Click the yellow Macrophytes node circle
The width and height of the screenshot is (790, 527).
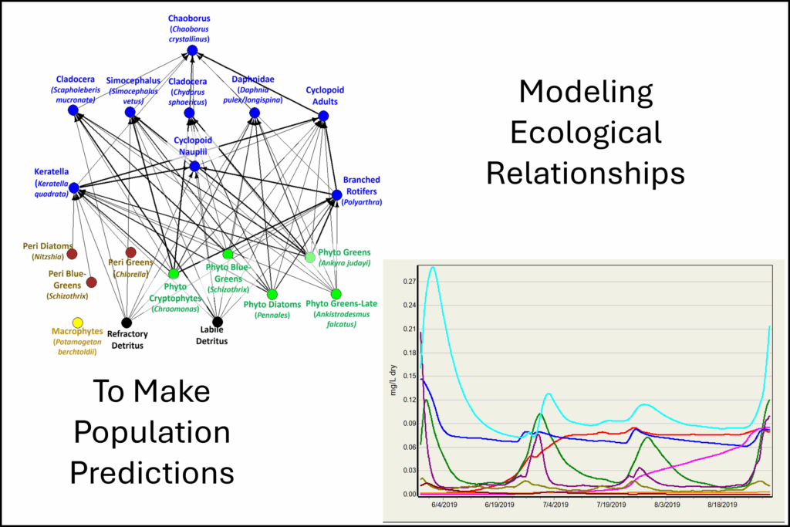tap(77, 323)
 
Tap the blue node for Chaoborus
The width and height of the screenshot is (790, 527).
tap(191, 51)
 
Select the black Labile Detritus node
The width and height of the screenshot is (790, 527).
tap(218, 322)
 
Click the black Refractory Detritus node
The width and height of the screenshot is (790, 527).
tap(127, 322)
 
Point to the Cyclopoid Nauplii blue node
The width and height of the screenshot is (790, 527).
tap(194, 166)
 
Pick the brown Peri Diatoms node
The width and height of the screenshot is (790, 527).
tap(72, 254)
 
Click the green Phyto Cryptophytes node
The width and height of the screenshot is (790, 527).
tap(173, 274)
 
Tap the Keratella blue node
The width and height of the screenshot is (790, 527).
tap(73, 187)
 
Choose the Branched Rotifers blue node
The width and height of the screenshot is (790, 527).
tap(336, 194)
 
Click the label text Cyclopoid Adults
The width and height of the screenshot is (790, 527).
tap(322, 96)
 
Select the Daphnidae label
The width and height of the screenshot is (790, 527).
tap(254, 79)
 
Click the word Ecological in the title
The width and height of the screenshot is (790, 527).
tap(585, 133)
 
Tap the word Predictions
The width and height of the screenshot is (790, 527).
tap(150, 470)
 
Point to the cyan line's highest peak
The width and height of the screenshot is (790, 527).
tap(433, 267)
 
